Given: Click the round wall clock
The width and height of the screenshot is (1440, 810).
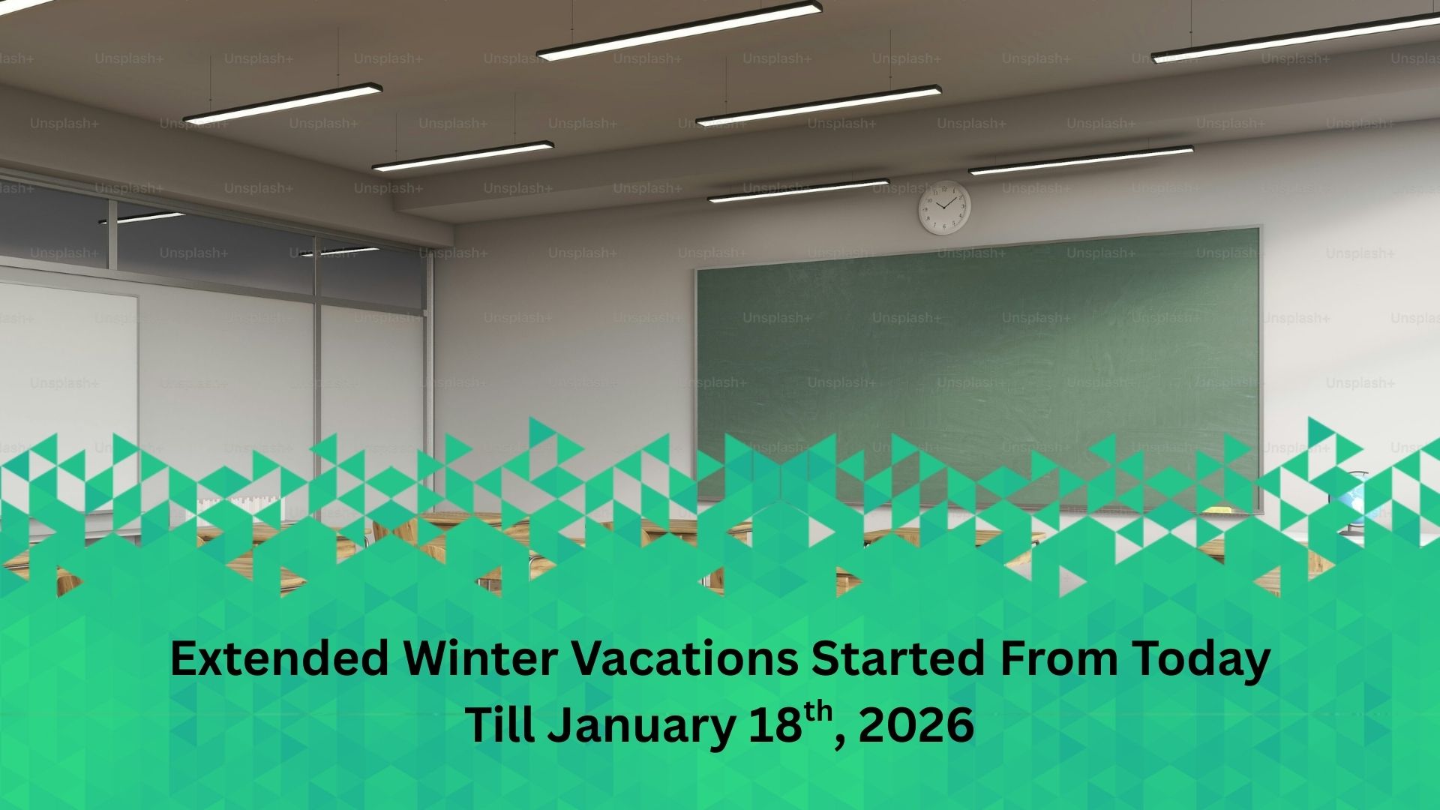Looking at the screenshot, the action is coord(945,207).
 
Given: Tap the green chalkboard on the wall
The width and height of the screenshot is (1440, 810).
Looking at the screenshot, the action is coord(979,367).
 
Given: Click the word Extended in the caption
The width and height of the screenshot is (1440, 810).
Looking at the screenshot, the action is coord(279,660).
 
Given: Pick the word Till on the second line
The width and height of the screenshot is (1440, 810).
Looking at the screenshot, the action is coord(500,725).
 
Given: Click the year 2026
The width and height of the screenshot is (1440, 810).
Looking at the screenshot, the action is coord(916,726).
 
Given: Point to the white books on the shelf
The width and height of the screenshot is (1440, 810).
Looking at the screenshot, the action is coord(240,510).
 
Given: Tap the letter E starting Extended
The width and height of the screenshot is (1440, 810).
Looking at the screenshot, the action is coord(184,660).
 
